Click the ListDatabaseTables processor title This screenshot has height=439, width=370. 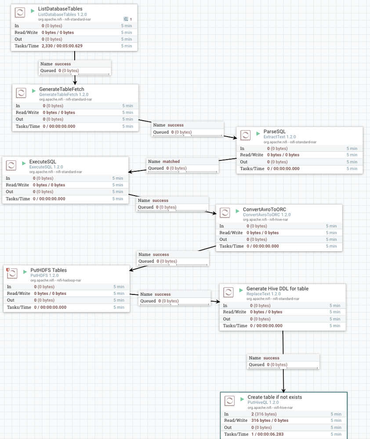(x=60, y=9)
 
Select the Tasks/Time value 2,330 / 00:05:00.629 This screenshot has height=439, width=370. (x=62, y=46)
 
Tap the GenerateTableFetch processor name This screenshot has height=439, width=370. (x=62, y=89)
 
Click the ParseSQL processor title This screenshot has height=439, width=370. (x=274, y=131)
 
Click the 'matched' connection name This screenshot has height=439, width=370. (x=171, y=161)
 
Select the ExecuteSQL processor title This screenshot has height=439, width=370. (x=43, y=162)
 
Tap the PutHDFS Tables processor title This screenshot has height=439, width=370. (x=48, y=270)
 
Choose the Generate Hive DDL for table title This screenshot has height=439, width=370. (x=277, y=289)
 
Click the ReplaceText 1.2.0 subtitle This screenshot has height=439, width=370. (x=263, y=294)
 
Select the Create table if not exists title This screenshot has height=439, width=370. (x=275, y=397)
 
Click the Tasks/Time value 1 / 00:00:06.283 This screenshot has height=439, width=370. (x=270, y=434)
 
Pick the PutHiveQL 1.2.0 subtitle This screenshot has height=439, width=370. (x=263, y=402)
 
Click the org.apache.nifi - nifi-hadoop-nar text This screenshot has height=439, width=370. (x=55, y=280)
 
